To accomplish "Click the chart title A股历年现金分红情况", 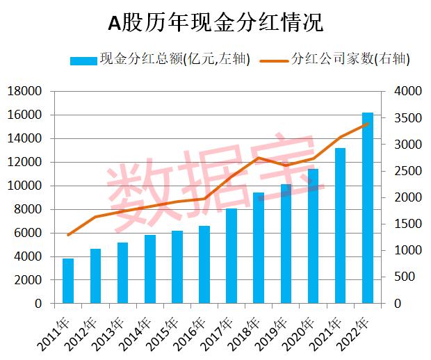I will tap(215, 24).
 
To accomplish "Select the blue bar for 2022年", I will tap(367, 208).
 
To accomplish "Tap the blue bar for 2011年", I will tap(68, 281).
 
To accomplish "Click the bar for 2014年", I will tap(149, 269).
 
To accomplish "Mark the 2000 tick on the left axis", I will tap(28, 280).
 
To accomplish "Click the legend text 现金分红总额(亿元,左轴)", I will tap(174, 60).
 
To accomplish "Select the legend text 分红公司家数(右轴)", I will tap(350, 60).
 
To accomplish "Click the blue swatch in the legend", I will tap(83, 60).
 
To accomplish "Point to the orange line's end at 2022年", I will tap(367, 124).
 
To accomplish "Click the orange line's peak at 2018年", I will tap(259, 158).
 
